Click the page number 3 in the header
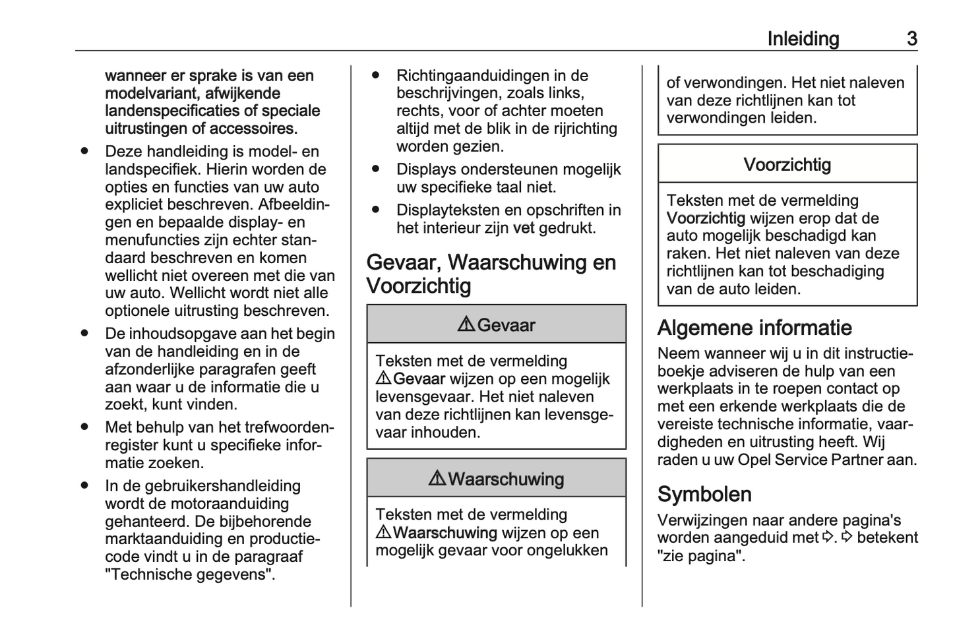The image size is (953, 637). pyautogui.click(x=911, y=39)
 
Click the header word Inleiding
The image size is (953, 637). pyautogui.click(x=803, y=39)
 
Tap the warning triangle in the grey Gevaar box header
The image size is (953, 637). pyautogui.click(x=466, y=324)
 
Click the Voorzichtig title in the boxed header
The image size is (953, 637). pyautogui.click(x=787, y=164)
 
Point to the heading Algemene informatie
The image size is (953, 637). pyautogui.click(x=754, y=328)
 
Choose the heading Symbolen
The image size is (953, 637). pyautogui.click(x=704, y=495)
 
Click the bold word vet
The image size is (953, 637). pyautogui.click(x=523, y=228)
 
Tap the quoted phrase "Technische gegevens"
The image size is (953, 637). pyautogui.click(x=190, y=574)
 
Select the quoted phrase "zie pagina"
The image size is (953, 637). pyautogui.click(x=701, y=556)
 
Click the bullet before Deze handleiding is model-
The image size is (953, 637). pyautogui.click(x=84, y=152)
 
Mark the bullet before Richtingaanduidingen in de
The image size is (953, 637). pyautogui.click(x=376, y=76)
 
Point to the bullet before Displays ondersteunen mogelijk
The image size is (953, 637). pyautogui.click(x=376, y=169)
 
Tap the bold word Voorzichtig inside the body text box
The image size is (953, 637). pyautogui.click(x=706, y=218)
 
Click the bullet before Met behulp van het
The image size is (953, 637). pyautogui.click(x=84, y=427)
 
